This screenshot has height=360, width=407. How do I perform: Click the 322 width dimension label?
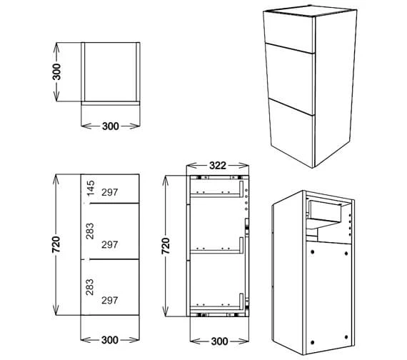click(x=218, y=166)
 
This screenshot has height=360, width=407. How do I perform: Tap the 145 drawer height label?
click(x=91, y=189)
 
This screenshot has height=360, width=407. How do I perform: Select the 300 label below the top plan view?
click(x=111, y=126)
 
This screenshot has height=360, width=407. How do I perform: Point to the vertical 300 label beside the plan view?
click(x=56, y=71)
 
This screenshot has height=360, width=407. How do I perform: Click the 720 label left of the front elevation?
click(x=56, y=244)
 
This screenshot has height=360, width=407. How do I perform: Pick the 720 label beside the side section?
click(x=166, y=246)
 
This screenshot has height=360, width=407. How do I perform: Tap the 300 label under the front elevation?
click(x=110, y=340)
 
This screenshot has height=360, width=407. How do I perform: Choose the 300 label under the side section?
click(x=220, y=341)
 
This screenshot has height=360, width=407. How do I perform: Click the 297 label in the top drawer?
click(x=110, y=192)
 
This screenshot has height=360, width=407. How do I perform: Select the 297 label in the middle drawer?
click(x=110, y=245)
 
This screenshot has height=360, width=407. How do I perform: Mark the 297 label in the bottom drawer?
click(x=110, y=301)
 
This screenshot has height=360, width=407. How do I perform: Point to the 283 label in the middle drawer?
click(x=90, y=231)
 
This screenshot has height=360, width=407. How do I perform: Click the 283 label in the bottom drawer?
click(x=90, y=287)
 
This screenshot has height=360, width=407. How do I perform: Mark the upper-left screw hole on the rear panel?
click(x=312, y=251)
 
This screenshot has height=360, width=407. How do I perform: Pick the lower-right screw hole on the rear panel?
click(x=346, y=337)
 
